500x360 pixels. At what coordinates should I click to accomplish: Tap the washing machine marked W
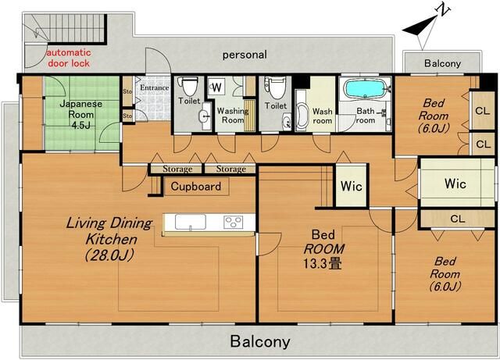(217, 86)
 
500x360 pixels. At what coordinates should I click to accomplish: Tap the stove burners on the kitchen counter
(233, 222)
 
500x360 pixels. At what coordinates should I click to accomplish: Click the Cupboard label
(195, 187)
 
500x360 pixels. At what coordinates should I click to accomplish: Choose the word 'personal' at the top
(245, 55)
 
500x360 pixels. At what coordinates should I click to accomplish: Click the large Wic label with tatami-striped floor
(455, 184)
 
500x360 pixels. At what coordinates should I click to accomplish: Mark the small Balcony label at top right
(442, 63)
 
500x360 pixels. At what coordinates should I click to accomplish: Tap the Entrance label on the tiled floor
(154, 88)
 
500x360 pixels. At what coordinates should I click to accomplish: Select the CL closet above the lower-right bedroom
(457, 219)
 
